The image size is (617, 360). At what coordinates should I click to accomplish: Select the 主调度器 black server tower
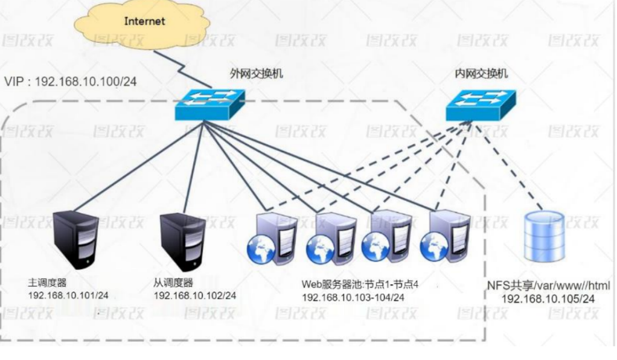pyautogui.click(x=75, y=239)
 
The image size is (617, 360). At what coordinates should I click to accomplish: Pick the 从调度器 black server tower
pyautogui.click(x=181, y=239)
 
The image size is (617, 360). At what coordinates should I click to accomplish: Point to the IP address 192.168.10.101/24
pyautogui.click(x=68, y=295)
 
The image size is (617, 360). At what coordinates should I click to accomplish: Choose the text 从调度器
pyautogui.click(x=173, y=282)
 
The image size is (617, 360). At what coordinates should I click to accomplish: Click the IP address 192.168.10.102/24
pyautogui.click(x=195, y=295)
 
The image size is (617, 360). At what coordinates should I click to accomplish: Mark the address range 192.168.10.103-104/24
pyautogui.click(x=353, y=297)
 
